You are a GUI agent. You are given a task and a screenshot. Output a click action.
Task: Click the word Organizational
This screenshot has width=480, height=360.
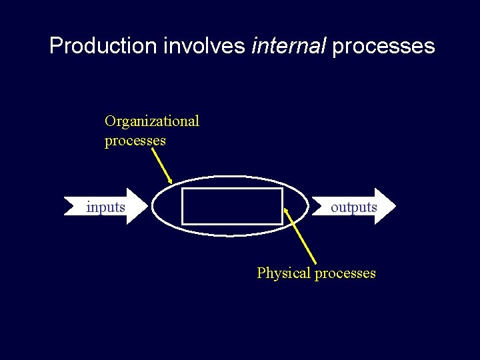151,121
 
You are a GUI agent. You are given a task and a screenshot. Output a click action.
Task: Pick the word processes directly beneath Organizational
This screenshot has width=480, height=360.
135,141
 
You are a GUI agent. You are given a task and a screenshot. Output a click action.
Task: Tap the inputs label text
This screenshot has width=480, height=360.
105,207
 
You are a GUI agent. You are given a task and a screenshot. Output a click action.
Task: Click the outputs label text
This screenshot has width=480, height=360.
353,207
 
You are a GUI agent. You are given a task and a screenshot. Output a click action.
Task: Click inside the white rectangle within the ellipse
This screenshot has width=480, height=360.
232,207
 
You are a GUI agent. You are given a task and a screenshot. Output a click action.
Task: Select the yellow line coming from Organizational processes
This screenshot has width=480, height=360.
161,165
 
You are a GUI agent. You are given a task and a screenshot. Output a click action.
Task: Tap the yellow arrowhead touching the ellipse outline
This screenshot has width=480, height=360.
171,180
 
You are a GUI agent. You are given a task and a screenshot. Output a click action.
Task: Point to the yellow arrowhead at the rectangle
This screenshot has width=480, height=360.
287,213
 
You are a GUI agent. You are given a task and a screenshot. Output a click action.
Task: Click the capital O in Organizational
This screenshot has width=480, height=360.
110,121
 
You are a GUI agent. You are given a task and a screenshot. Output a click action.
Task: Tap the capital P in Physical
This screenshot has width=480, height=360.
261,273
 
